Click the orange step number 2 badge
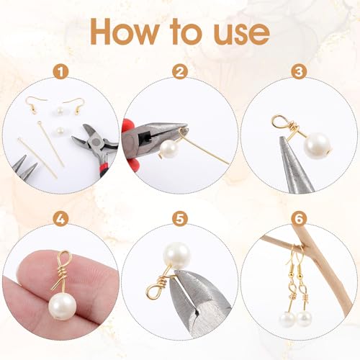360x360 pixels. coord(179,71)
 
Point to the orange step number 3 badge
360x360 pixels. coord(298,71)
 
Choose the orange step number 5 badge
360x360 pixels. coord(179,217)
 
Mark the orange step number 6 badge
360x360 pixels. coord(298,217)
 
